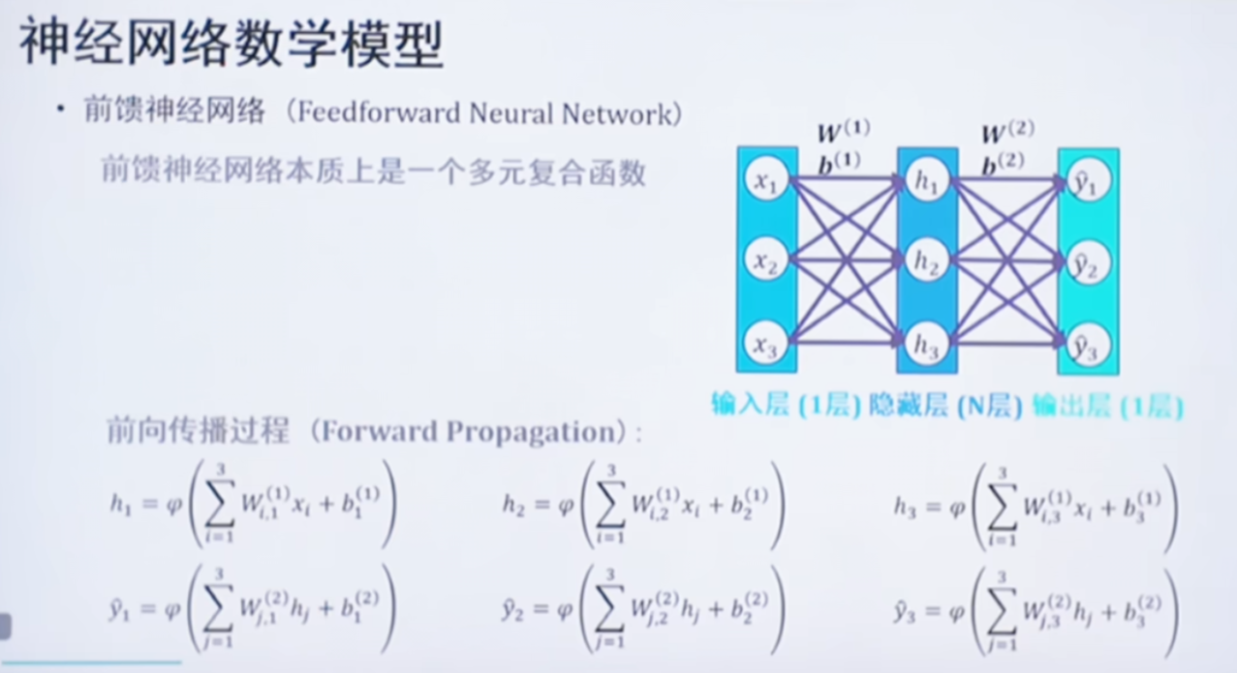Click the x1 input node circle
point(766,181)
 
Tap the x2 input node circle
point(766,261)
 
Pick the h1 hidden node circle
point(927,181)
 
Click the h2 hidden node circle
point(927,261)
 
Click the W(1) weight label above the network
point(844,133)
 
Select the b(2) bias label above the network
point(1003,164)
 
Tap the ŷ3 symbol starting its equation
point(907,610)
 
